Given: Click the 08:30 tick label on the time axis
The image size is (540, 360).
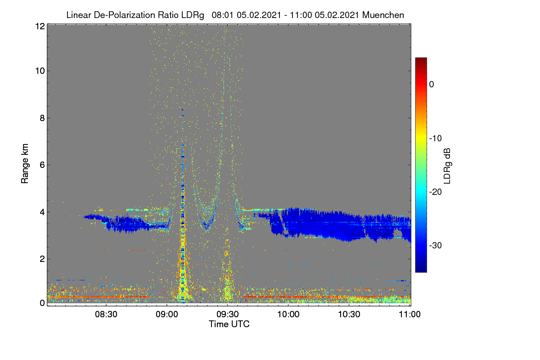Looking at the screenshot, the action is [x=106, y=315].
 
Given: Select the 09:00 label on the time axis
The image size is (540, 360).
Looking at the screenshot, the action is [x=167, y=315].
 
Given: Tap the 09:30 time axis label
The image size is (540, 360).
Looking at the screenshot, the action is [x=228, y=315].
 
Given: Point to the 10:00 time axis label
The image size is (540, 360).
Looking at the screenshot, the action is [x=288, y=315].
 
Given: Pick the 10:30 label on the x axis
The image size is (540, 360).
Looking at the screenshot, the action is [x=349, y=315].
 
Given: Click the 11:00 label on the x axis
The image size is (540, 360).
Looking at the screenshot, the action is [x=409, y=315].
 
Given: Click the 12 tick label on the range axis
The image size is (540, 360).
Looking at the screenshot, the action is [x=40, y=26].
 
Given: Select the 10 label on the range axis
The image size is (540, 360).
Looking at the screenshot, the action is [x=40, y=71].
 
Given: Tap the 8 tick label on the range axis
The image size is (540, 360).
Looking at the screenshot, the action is [x=42, y=118].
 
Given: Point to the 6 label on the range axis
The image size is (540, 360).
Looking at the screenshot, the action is [x=42, y=165].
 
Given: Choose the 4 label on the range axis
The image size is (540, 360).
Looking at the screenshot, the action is [x=42, y=212].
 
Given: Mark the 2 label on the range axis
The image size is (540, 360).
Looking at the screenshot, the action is [x=42, y=259].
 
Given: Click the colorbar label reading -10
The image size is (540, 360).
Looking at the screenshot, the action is [x=436, y=139].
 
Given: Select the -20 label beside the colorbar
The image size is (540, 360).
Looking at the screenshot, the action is [x=436, y=192].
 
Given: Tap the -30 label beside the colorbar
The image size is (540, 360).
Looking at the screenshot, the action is [x=436, y=245].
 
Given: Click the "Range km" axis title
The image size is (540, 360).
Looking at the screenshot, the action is [x=25, y=163].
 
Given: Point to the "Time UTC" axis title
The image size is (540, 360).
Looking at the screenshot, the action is [x=229, y=324].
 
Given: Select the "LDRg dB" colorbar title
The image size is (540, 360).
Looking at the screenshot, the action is [x=447, y=166].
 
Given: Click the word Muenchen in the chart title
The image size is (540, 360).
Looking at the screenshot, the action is [x=383, y=15].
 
